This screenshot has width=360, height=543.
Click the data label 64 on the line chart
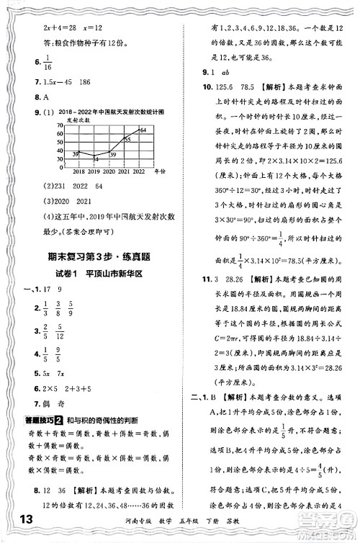pos(143,130)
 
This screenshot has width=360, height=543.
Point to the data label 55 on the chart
pos(127,139)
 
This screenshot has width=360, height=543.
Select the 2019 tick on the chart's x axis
pos(94,171)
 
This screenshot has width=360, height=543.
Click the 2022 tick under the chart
pos(139,171)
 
